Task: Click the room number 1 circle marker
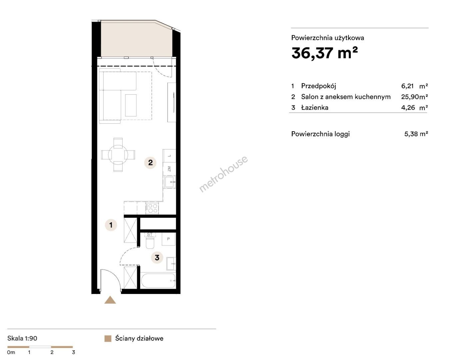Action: click(x=111, y=225)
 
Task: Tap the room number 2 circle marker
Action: click(x=150, y=162)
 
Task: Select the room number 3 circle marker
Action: click(x=157, y=257)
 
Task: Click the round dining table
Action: click(x=118, y=155)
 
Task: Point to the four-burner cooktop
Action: click(x=152, y=208)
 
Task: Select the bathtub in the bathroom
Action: click(x=158, y=281)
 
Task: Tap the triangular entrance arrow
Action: click(x=110, y=300)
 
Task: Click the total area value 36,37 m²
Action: click(x=324, y=53)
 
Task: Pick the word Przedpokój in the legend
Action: click(x=318, y=86)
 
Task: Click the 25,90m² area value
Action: click(x=414, y=97)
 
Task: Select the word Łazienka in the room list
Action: click(x=315, y=108)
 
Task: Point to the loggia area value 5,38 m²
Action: click(x=416, y=134)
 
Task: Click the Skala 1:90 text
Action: click(x=22, y=338)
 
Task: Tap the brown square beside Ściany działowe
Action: click(x=108, y=339)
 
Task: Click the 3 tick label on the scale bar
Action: click(x=73, y=352)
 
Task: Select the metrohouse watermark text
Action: click(x=223, y=174)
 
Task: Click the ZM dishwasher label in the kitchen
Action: click(x=169, y=168)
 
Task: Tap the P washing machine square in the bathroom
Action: click(x=169, y=239)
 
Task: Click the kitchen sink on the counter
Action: click(x=170, y=182)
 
